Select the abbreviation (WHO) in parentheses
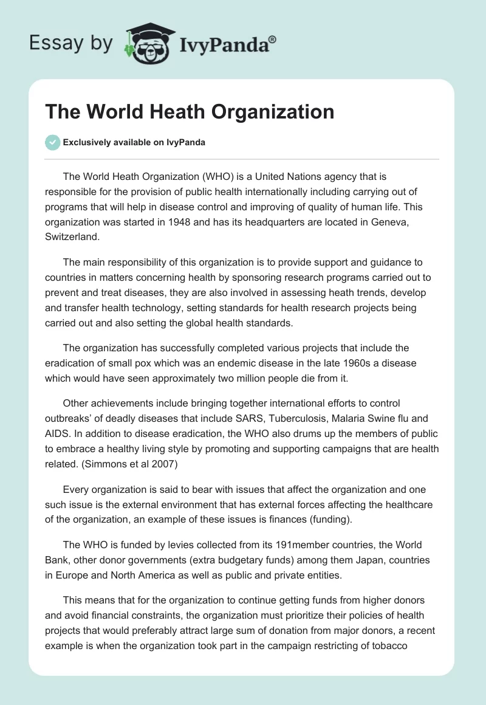point(200,176)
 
